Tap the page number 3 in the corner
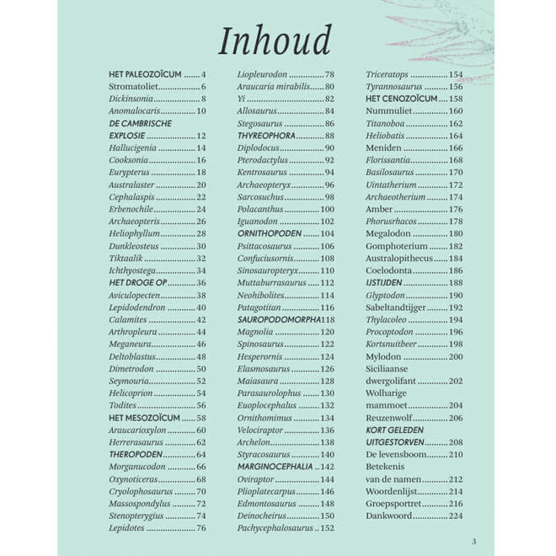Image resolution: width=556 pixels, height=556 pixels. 473,541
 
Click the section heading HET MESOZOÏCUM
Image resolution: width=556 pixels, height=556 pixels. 144,417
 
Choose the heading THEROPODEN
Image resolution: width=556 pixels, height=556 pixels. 136,454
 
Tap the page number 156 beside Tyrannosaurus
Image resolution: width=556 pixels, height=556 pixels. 455,87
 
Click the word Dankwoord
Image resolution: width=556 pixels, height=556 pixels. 390,515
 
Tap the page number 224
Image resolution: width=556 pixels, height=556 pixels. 455,515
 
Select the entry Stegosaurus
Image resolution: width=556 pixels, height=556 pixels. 261,123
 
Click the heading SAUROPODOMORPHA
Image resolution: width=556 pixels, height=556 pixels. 277,319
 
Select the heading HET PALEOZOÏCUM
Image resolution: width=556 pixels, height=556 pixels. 145,75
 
